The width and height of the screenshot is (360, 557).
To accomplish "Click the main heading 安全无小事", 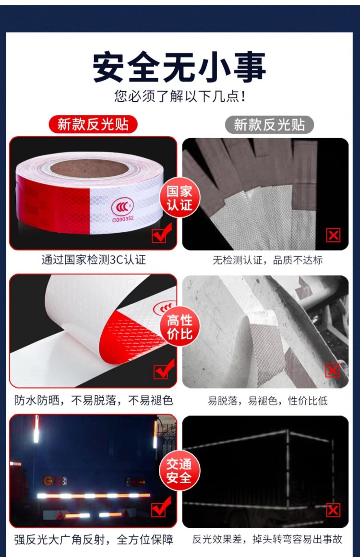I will click(180, 68).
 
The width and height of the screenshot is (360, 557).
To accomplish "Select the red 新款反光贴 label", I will click(93, 124).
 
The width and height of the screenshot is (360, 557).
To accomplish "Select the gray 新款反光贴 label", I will click(269, 125).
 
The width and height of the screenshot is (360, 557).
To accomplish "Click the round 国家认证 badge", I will click(180, 198).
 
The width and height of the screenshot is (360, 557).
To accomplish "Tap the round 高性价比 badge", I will click(180, 327).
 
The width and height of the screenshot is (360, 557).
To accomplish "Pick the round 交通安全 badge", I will click(180, 471).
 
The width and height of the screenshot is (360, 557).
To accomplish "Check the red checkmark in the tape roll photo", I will click(160, 235).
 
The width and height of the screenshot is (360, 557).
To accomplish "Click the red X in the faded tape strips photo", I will click(333, 235).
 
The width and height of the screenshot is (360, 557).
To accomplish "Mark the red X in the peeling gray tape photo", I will click(332, 370).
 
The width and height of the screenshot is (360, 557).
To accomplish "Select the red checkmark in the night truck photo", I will click(161, 509).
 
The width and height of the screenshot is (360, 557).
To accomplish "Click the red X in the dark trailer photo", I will click(333, 510).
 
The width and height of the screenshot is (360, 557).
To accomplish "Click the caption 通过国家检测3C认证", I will click(93, 260).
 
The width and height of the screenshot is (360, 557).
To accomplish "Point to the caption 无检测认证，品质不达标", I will click(267, 260).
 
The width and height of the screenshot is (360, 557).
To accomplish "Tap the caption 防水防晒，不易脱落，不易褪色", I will click(93, 400).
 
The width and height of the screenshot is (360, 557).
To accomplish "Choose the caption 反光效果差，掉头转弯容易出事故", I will click(267, 539).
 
